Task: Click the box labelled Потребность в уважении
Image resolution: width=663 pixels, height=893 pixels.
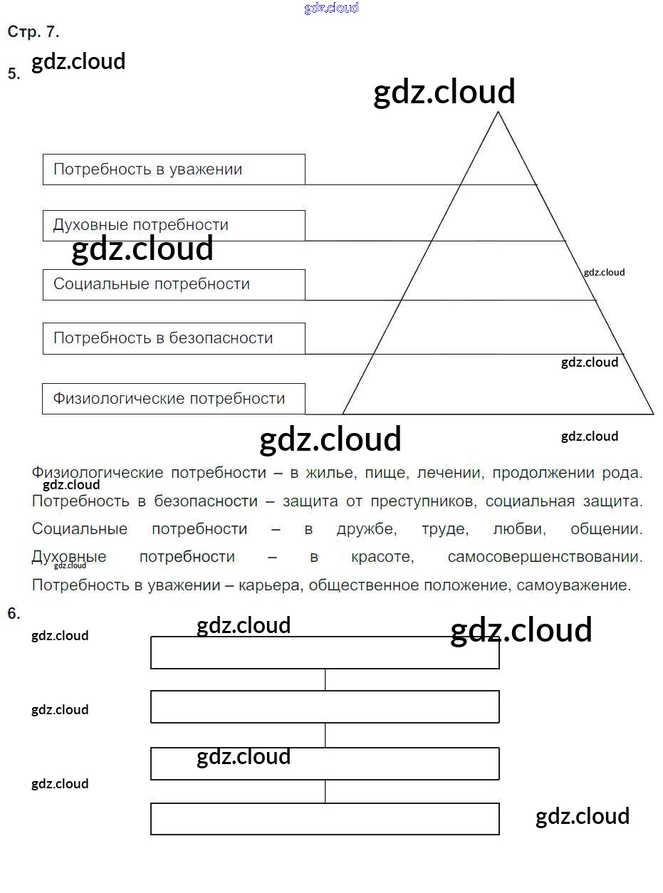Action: click(174, 169)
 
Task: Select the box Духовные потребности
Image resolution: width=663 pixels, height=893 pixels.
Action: click(174, 225)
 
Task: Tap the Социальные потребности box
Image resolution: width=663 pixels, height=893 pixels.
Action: click(174, 284)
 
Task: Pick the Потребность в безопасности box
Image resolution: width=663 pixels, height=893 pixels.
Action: click(174, 338)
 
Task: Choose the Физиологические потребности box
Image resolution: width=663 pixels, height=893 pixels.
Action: click(174, 399)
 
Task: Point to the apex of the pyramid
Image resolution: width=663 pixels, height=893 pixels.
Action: click(497, 113)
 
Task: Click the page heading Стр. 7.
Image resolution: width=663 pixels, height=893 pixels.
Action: click(33, 32)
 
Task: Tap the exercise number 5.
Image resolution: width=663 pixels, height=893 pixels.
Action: click(14, 74)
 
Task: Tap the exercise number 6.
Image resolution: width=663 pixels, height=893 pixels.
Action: click(14, 614)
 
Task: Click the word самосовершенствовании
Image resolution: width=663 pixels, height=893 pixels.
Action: click(545, 557)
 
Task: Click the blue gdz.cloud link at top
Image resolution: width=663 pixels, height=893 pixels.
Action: click(331, 8)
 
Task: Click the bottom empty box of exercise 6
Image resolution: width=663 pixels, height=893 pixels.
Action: click(325, 819)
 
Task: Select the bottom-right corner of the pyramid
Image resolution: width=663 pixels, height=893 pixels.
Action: click(652, 414)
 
